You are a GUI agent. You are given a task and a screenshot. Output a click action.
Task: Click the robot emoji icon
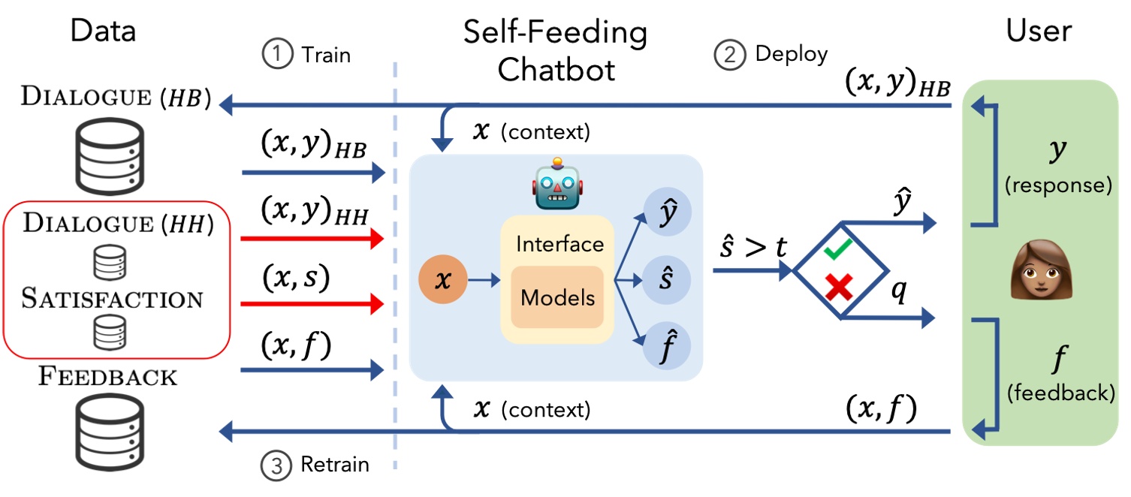(x=556, y=183)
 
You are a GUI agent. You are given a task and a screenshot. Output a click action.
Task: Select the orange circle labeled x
(x=443, y=280)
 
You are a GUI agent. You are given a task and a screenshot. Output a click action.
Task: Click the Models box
(x=557, y=297)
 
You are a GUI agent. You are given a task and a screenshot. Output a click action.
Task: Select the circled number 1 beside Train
(x=276, y=55)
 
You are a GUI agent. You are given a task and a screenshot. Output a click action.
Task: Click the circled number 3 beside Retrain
(x=276, y=465)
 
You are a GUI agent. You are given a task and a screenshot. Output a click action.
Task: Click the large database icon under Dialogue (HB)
(x=110, y=154)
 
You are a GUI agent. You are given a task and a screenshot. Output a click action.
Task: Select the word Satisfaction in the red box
(x=112, y=299)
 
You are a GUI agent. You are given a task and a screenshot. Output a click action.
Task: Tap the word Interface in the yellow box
(x=560, y=244)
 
